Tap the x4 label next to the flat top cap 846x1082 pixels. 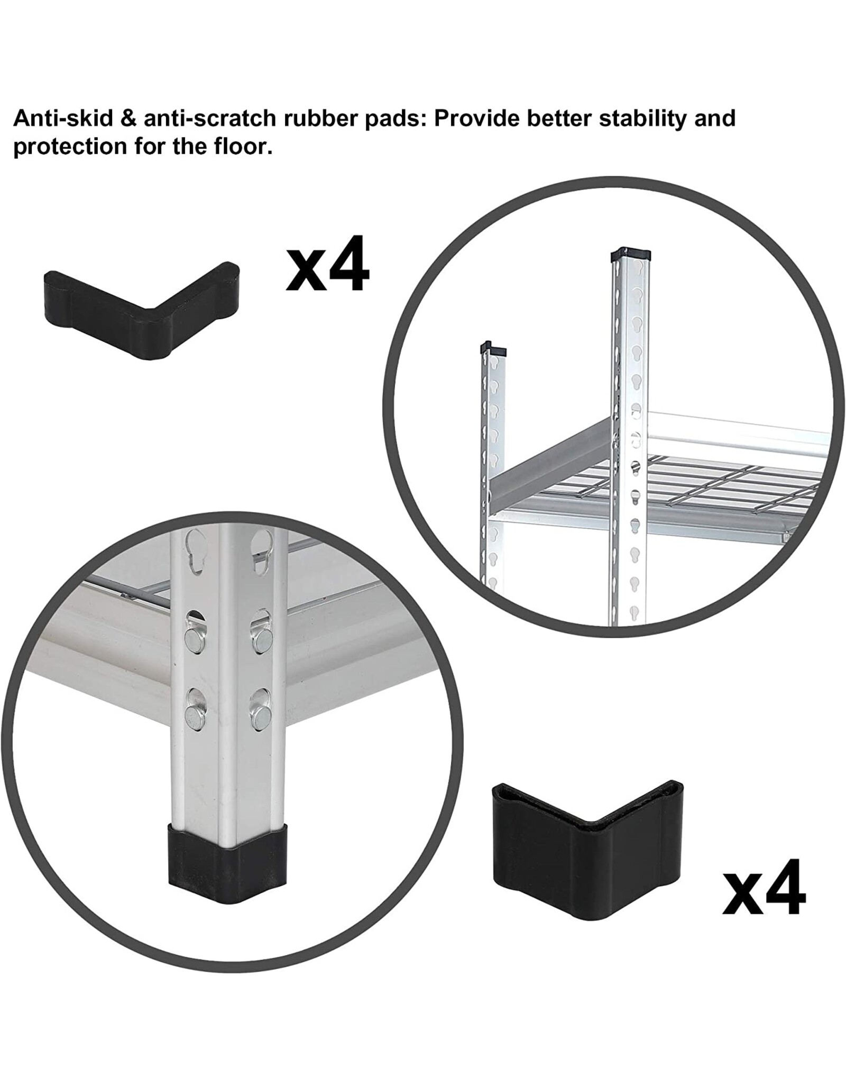point(327,264)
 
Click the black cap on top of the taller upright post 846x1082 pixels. point(630,256)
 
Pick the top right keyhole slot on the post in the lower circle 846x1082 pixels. point(263,552)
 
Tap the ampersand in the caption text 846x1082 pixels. point(128,118)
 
